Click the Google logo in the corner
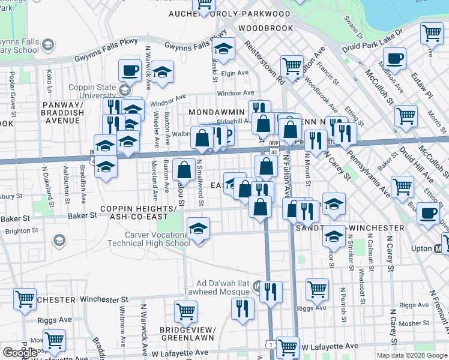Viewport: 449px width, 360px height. pyautogui.click(x=20, y=353)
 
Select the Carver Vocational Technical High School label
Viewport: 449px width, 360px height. pyautogui.click(x=149, y=239)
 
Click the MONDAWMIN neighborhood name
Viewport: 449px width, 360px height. pyautogui.click(x=217, y=112)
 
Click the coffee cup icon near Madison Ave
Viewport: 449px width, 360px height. pyautogui.click(x=394, y=59)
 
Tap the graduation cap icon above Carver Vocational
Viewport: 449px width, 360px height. pyautogui.click(x=198, y=229)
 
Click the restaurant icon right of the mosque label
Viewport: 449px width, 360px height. pyautogui.click(x=270, y=292)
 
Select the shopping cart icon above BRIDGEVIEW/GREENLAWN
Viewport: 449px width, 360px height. pyautogui.click(x=185, y=311)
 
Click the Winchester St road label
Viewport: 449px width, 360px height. pyautogui.click(x=109, y=299)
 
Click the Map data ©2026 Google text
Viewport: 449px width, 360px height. pyautogui.click(x=412, y=355)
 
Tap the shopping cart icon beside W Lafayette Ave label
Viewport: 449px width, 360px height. pyautogui.click(x=288, y=347)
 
